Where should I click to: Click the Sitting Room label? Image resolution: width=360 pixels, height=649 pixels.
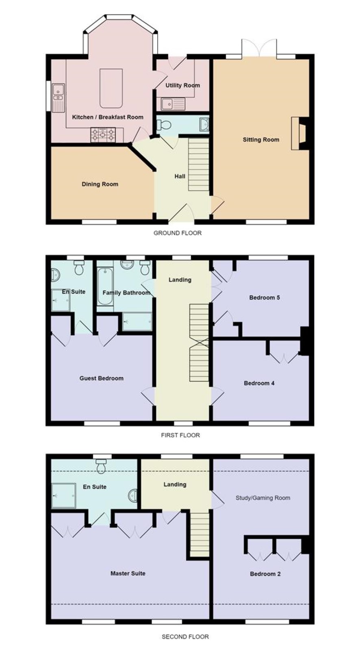261,140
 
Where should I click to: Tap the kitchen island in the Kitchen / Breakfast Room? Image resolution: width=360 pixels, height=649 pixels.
111,88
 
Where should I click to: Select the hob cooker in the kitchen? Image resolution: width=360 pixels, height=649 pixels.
103,135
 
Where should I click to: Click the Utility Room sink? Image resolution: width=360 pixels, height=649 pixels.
173,104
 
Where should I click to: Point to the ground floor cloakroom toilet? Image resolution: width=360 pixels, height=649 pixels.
164,125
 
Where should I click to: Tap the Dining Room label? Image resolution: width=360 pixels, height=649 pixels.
100,184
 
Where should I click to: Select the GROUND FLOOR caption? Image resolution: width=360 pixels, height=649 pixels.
177,233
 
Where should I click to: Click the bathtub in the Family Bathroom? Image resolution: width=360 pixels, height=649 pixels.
105,286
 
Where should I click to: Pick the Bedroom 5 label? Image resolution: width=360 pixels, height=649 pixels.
265,297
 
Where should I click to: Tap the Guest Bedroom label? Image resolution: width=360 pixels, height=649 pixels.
101,378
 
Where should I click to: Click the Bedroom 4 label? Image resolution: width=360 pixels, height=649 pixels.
259,383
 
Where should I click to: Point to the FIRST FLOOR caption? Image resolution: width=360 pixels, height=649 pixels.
180,435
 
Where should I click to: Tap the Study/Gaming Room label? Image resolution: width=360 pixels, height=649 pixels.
263,498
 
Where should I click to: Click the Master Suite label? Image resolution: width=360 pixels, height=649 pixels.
128,573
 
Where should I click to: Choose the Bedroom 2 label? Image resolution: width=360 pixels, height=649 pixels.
265,574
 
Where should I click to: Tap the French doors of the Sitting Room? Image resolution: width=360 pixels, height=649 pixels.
259,48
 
